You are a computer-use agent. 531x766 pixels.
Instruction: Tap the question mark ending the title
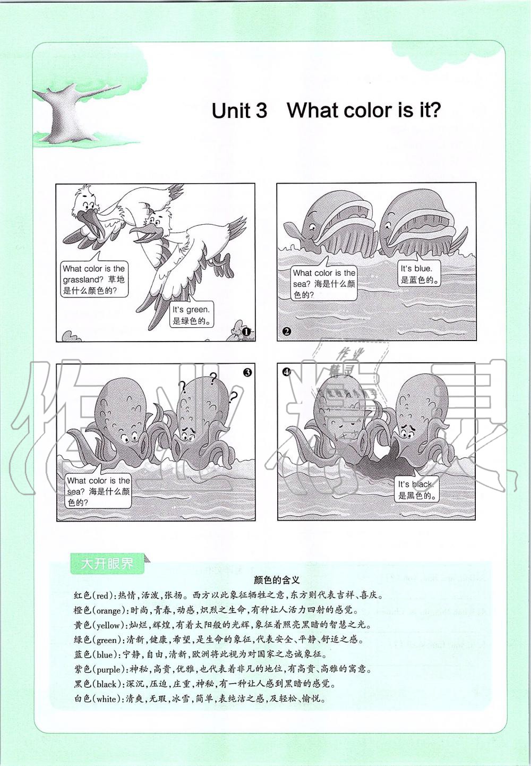(434, 110)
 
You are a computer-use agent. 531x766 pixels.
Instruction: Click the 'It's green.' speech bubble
(192, 314)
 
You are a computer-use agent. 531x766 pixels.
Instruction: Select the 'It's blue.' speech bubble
(419, 274)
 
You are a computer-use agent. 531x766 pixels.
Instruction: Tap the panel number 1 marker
(245, 331)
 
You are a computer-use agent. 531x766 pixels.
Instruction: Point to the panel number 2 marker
(287, 331)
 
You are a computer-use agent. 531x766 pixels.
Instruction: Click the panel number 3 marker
(247, 372)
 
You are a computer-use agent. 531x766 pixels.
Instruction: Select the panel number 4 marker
(286, 372)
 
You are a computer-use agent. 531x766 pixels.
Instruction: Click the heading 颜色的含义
(277, 580)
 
